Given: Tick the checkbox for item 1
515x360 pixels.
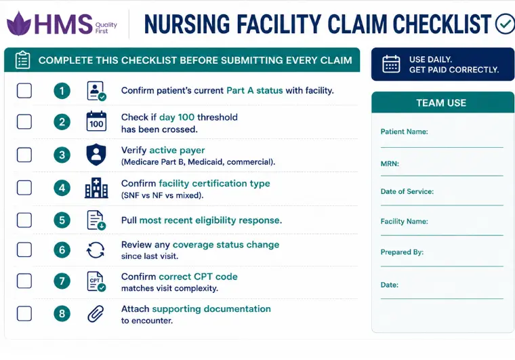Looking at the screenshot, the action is click(24, 91).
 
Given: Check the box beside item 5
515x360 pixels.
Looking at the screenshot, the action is click(24, 220).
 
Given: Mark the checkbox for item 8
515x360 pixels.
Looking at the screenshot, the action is click(24, 313).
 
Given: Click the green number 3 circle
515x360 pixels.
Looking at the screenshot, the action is click(62, 155).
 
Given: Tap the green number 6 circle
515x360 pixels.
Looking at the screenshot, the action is click(62, 250).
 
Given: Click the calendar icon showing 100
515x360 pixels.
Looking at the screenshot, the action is click(96, 121).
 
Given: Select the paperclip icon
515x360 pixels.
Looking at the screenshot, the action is click(96, 313).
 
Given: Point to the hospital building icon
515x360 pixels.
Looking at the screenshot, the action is click(96, 188).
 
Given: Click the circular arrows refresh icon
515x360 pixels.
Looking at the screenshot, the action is click(96, 250).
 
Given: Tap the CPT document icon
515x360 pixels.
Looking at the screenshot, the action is click(96, 281).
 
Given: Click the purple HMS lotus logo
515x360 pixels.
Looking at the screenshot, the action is click(19, 24).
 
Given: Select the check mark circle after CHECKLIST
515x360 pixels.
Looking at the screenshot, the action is click(505, 24).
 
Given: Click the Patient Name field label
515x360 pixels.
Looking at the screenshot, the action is click(404, 132).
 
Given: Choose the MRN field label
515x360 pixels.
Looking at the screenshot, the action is click(390, 163).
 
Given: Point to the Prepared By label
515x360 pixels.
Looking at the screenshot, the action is click(402, 252).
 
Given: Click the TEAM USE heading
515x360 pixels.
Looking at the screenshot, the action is click(441, 103).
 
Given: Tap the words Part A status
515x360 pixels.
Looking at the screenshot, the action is click(255, 90).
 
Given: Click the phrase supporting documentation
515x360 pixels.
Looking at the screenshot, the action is click(211, 309).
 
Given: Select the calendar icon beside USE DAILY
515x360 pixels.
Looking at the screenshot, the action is click(391, 64).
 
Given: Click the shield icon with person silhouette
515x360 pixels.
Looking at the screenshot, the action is click(96, 155).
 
